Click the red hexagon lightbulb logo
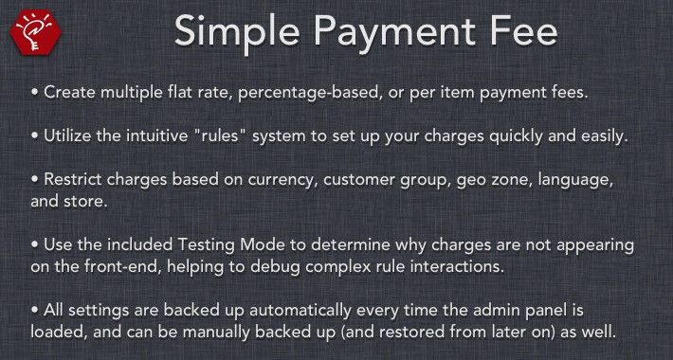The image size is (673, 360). tap(36, 33)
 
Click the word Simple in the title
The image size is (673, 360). tap(237, 32)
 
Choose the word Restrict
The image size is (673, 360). tap(73, 179)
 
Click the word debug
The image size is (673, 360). tap(274, 267)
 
